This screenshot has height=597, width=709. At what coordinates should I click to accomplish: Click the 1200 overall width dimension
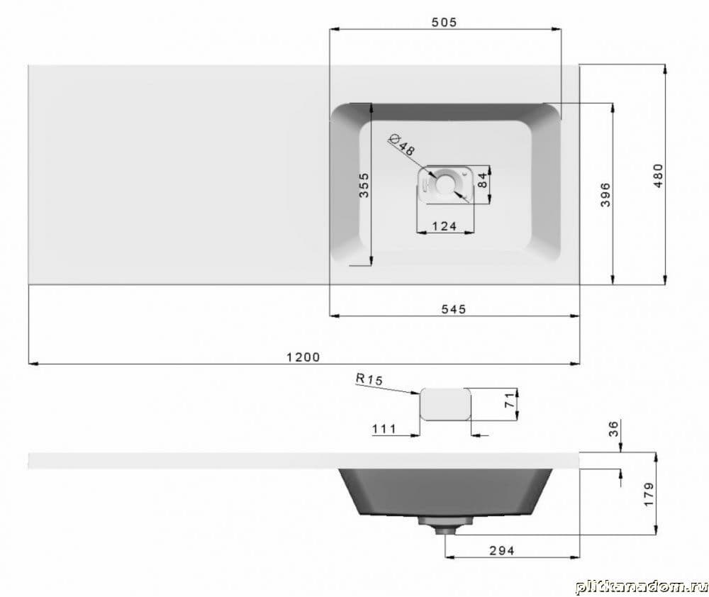pos(303,357)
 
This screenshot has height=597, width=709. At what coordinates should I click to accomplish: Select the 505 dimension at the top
pos(444,22)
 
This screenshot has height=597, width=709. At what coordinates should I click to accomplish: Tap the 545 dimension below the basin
pos(454,309)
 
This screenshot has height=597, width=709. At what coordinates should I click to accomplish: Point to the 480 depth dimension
pos(658,175)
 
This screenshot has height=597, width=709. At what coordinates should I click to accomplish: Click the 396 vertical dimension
pos(605,194)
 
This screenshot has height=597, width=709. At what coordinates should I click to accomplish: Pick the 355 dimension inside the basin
pos(364,184)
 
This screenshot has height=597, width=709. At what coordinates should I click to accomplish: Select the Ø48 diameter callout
pos(402,145)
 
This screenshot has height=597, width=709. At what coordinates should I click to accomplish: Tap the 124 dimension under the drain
pos(444,226)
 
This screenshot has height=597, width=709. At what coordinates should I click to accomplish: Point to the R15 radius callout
pos(369,379)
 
